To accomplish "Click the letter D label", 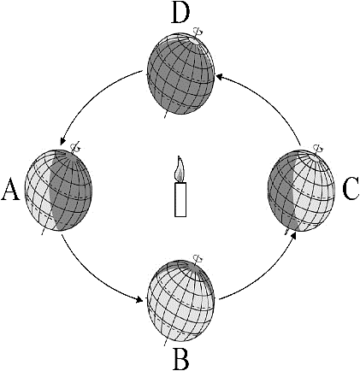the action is coord(180,14).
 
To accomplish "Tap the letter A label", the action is coord(10,189).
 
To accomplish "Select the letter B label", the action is coord(180,358).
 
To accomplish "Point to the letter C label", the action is coord(351,189).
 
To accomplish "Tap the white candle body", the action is coord(180,199).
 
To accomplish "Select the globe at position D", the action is coord(180,74).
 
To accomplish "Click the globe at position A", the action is coord(59,190).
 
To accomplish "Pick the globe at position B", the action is coord(180,300).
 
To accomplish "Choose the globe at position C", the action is coord(302,190).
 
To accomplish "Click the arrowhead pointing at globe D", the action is coord(220,76).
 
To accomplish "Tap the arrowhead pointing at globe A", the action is coord(62,141).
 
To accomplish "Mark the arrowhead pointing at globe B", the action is coord(139,300).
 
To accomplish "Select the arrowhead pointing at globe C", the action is coord(295,235).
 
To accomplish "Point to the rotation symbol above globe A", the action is coord(76,147).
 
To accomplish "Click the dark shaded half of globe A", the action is coord(71,190).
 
